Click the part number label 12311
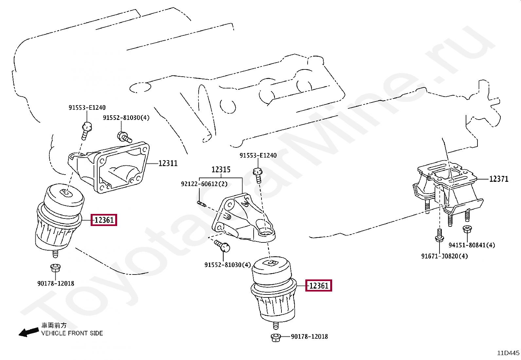click(x=168, y=163)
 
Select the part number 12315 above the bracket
click(x=221, y=170)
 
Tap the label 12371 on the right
click(x=499, y=179)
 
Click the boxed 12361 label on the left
click(x=104, y=220)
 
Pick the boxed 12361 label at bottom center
click(x=319, y=286)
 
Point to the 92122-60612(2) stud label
click(x=204, y=184)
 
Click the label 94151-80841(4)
click(x=472, y=245)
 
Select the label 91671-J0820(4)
click(x=444, y=256)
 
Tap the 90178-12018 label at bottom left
click(x=56, y=283)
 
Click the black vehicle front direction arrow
click(x=29, y=332)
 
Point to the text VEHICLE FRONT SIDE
click(x=72, y=333)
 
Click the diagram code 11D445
click(x=508, y=353)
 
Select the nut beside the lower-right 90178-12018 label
click(x=276, y=337)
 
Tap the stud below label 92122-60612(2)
click(x=201, y=204)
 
